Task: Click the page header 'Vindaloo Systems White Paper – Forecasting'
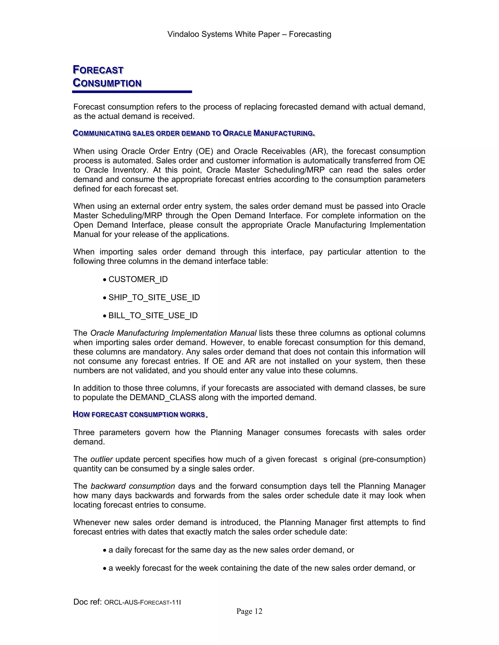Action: click(249, 34)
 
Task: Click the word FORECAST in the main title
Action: click(98, 70)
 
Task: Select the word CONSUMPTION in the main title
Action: click(107, 83)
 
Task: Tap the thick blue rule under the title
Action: click(132, 92)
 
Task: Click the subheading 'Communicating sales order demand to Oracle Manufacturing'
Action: click(194, 133)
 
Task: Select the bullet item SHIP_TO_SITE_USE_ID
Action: click(154, 297)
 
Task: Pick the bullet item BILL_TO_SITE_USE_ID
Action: click(153, 315)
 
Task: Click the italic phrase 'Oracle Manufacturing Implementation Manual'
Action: click(173, 333)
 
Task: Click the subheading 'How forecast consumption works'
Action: click(139, 414)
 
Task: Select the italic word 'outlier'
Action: click(101, 459)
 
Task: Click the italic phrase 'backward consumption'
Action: click(133, 486)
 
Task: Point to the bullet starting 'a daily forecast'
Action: click(231, 550)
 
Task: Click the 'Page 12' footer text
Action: click(249, 611)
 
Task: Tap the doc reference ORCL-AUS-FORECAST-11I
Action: click(143, 602)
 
